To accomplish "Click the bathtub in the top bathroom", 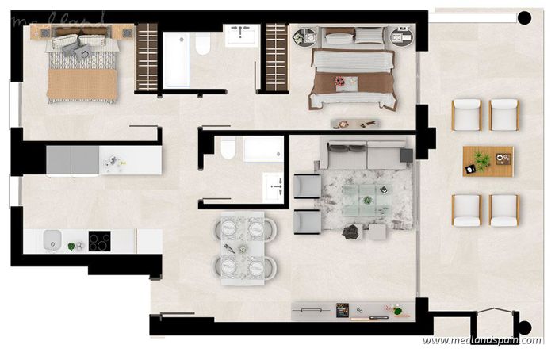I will [177, 60].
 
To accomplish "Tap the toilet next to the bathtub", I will [202, 45].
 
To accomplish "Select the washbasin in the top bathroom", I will [240, 36].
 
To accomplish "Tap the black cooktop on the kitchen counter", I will [99, 240].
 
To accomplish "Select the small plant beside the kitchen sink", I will [72, 246].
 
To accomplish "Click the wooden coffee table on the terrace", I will [488, 161].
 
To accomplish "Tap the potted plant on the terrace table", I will [480, 167].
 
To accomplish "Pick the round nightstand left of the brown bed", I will [304, 37].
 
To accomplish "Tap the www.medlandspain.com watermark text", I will [481, 340].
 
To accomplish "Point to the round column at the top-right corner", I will [524, 17].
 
